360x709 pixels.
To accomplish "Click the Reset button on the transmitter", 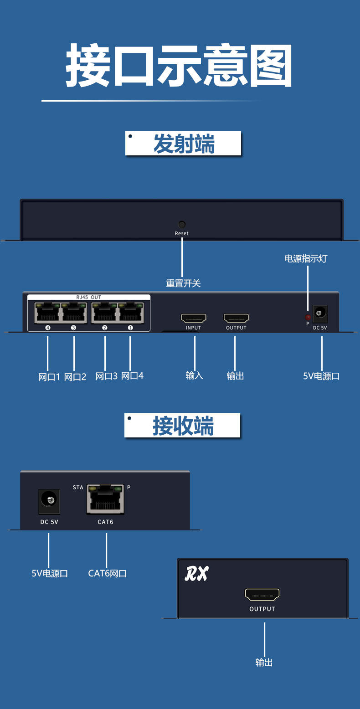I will (181, 224).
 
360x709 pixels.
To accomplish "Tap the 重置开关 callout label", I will (183, 283).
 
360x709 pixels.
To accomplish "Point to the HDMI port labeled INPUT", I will (194, 318).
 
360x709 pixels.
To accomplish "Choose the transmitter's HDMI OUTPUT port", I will (236, 318).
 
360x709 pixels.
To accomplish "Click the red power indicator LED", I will (308, 317).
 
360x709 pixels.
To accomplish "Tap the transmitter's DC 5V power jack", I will (320, 314).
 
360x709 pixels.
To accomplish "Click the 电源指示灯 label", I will (306, 259).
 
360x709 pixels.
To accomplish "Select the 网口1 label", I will (49, 377).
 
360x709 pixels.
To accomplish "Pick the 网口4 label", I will (132, 376).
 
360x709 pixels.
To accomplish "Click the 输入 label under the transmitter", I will (195, 375).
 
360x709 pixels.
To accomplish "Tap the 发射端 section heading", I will (183, 144).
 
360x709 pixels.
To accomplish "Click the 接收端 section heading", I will (183, 426).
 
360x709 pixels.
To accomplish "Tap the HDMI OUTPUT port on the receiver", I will (262, 594).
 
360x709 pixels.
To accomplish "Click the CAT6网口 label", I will (108, 573).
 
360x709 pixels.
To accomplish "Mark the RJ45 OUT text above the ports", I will (88, 297).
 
